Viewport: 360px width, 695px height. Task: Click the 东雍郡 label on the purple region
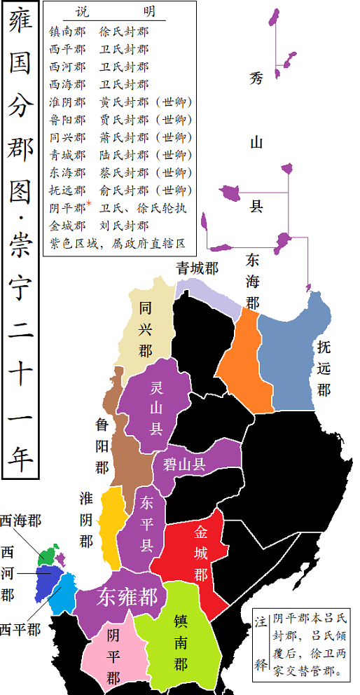coord(127,598)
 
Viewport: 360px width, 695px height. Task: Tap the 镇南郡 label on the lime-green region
coord(180,642)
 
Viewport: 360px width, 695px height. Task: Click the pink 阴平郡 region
coord(113,656)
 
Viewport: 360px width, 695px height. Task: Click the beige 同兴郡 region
coord(145,329)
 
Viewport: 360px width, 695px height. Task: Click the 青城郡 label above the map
coord(197,268)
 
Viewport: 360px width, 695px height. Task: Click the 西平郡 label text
coord(20,629)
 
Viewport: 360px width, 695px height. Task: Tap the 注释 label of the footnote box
coord(261,643)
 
